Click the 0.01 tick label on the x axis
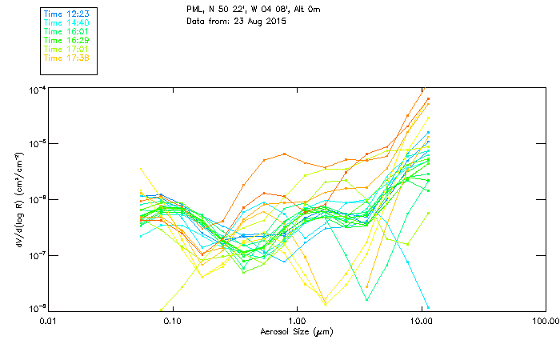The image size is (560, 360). [x=48, y=322]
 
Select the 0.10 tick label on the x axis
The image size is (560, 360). [x=172, y=322]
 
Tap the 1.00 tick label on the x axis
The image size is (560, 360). [x=297, y=322]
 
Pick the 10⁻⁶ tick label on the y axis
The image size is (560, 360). [x=36, y=199]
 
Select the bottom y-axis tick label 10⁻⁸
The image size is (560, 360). [x=36, y=309]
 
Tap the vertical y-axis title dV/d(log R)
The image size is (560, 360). [x=15, y=198]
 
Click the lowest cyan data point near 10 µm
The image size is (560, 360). [x=428, y=307]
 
